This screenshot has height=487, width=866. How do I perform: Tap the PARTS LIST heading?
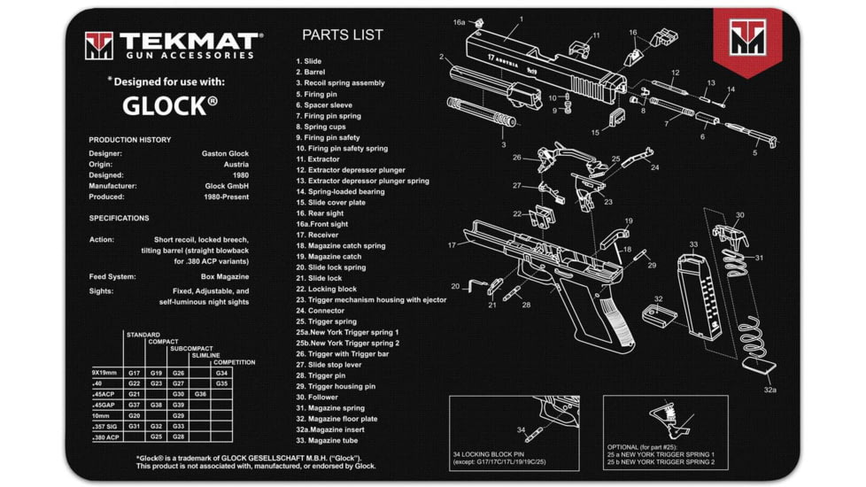pyautogui.click(x=343, y=35)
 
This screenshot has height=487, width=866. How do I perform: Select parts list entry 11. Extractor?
pyautogui.click(x=320, y=159)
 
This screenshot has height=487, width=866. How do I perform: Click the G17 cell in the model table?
pyautogui.click(x=135, y=373)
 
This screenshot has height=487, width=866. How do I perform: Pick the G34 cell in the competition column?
pyautogui.click(x=221, y=373)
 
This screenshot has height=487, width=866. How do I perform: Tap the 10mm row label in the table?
pyautogui.click(x=102, y=415)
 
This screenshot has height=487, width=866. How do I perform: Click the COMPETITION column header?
pyautogui.click(x=234, y=362)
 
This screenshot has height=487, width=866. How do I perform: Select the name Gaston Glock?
pyautogui.click(x=225, y=153)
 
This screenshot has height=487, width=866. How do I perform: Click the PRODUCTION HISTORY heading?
pyautogui.click(x=129, y=140)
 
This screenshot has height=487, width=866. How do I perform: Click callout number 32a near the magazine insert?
pyautogui.click(x=769, y=390)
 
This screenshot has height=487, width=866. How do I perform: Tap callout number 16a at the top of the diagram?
pyautogui.click(x=459, y=22)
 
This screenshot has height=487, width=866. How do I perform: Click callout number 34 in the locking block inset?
pyautogui.click(x=520, y=430)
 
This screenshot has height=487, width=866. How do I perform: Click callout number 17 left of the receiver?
pyautogui.click(x=452, y=245)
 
